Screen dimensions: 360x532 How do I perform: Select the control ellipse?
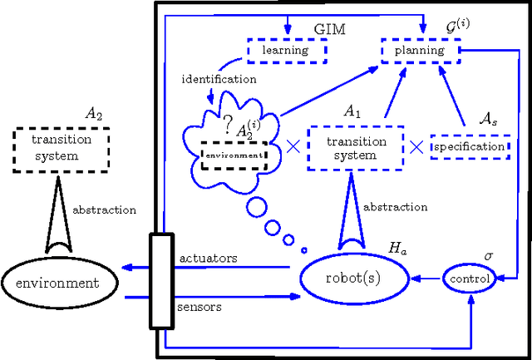click(x=470, y=279)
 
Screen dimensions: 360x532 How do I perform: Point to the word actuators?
click(x=208, y=259)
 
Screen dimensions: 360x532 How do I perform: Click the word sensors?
click(x=199, y=307)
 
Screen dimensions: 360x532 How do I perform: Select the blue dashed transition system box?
click(x=356, y=147)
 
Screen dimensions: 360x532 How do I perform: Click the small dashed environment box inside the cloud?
click(x=234, y=155)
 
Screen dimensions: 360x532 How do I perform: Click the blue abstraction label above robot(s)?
click(x=397, y=207)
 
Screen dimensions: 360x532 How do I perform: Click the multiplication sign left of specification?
click(x=416, y=147)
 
